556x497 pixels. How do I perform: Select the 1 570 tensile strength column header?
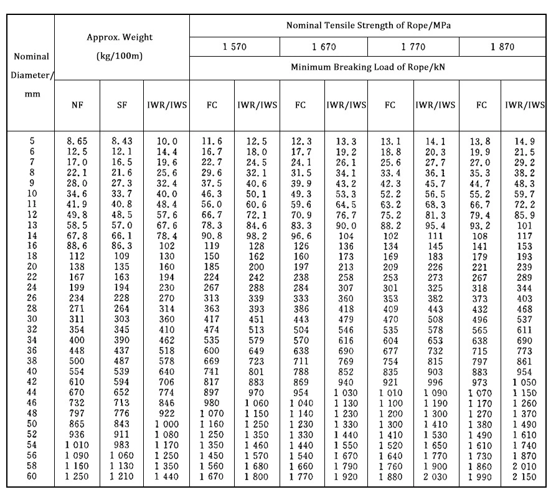(234, 47)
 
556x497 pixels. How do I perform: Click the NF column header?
(77, 106)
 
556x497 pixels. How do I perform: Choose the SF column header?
(121, 106)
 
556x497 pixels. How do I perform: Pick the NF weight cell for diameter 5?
(77, 142)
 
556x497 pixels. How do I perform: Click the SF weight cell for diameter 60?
(121, 476)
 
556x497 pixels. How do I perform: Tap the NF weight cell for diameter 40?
(77, 371)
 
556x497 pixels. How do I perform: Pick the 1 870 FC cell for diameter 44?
(481, 393)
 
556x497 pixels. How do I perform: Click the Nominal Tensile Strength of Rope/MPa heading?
(369, 26)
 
